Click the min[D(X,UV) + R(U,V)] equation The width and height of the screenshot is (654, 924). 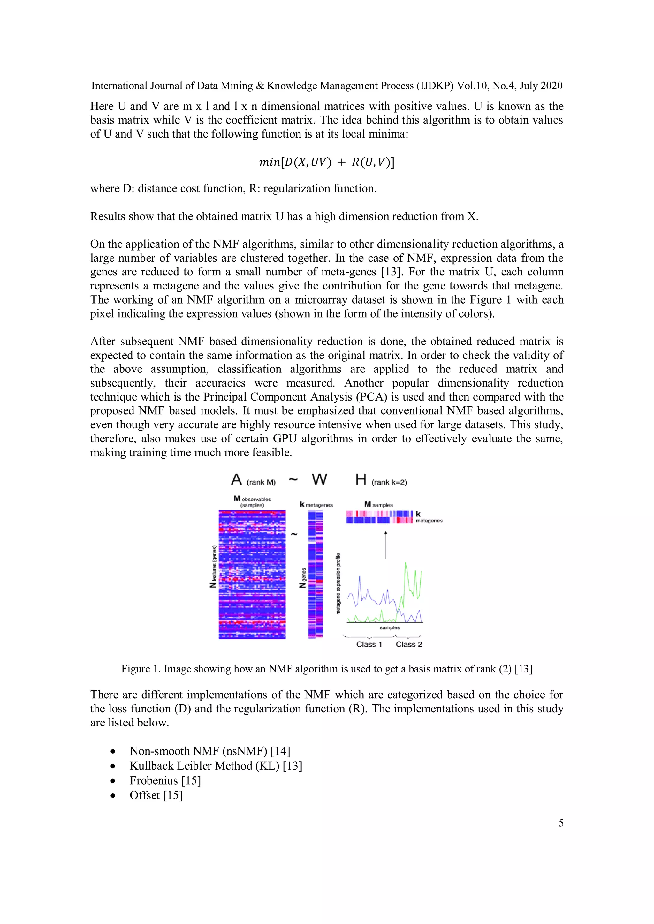[327, 162]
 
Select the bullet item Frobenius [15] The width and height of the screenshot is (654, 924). [165, 780]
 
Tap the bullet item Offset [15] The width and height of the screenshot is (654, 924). [156, 795]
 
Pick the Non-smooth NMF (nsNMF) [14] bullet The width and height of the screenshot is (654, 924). [209, 751]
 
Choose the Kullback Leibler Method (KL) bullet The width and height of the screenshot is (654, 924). [216, 765]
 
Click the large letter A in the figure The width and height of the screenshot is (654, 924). [236, 480]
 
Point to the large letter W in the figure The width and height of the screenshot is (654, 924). [319, 480]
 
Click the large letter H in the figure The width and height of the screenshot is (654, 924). [361, 480]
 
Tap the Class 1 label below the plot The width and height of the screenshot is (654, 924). [369, 644]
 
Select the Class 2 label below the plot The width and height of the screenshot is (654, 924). [409, 644]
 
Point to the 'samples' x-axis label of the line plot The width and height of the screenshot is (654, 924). [390, 627]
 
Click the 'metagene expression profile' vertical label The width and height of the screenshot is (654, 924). [338, 583]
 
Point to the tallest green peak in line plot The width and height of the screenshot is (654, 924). [406, 563]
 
